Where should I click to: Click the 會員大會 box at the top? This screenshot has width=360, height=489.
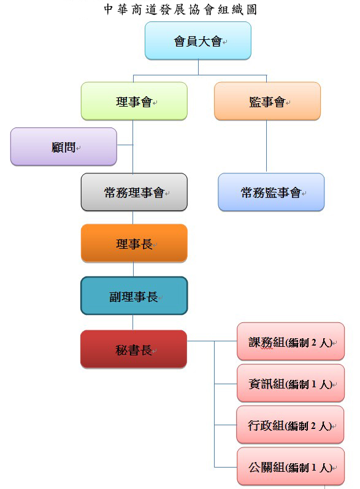[198, 40]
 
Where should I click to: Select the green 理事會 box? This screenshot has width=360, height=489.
[134, 101]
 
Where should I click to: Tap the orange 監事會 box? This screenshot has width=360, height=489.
[267, 101]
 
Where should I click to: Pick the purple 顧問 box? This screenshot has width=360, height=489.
[64, 146]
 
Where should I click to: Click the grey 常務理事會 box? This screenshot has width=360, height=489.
[134, 192]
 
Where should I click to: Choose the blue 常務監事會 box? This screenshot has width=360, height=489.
[271, 192]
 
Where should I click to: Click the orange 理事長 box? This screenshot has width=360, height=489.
[134, 243]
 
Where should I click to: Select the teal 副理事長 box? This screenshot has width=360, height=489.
[134, 295]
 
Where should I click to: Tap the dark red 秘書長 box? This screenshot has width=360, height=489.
[134, 349]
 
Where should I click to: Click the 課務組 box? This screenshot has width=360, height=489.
[291, 341]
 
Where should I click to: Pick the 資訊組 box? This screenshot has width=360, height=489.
[291, 383]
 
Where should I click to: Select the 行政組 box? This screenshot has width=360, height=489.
[290, 425]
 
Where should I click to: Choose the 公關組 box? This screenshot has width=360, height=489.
[291, 466]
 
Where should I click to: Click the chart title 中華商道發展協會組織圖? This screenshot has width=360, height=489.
[180, 9]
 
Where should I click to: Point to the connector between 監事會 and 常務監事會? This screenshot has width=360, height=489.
[266, 146]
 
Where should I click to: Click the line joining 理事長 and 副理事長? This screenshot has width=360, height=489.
[133, 269]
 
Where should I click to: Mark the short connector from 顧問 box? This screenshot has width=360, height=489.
[125, 145]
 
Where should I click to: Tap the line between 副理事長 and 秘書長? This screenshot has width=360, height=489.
[132, 322]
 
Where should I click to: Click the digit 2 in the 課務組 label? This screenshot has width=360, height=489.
[314, 343]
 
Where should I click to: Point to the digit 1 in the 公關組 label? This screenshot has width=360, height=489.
[314, 467]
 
